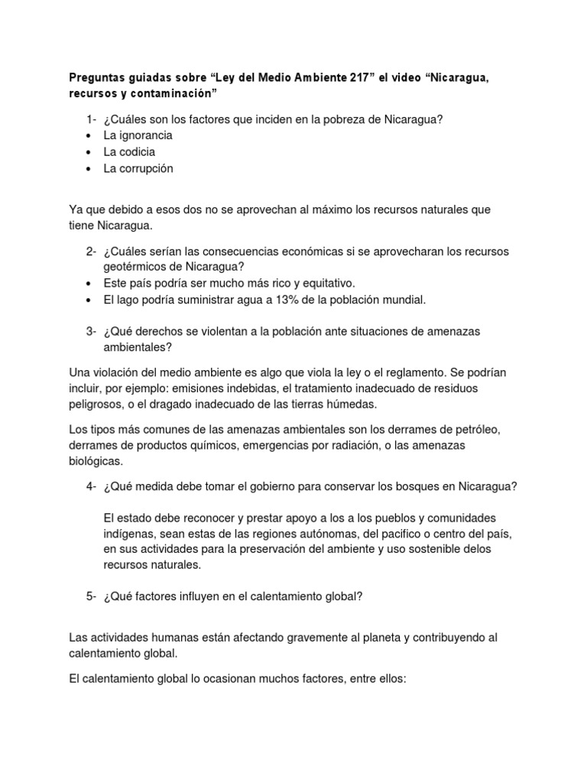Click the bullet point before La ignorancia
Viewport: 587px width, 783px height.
point(89,135)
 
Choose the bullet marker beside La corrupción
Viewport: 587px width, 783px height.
point(89,169)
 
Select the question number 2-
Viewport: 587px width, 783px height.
point(91,252)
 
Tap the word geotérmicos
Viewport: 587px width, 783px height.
point(138,267)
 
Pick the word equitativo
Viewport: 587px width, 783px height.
point(323,283)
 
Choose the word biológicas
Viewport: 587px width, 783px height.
point(97,461)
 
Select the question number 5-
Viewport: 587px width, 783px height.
point(91,598)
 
